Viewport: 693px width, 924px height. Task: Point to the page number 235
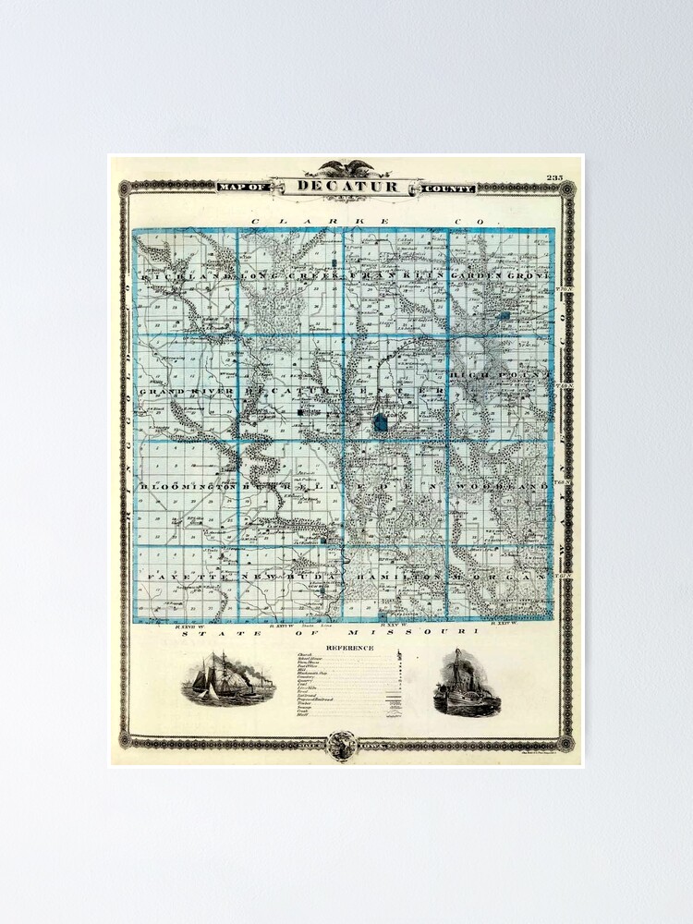point(554,177)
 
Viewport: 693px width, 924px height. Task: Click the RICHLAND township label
point(185,276)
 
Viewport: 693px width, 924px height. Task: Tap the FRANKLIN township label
point(397,276)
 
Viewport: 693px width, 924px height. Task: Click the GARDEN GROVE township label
point(500,276)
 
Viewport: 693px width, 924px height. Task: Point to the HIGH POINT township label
point(500,376)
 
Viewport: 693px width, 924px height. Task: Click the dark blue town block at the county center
point(381,423)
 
